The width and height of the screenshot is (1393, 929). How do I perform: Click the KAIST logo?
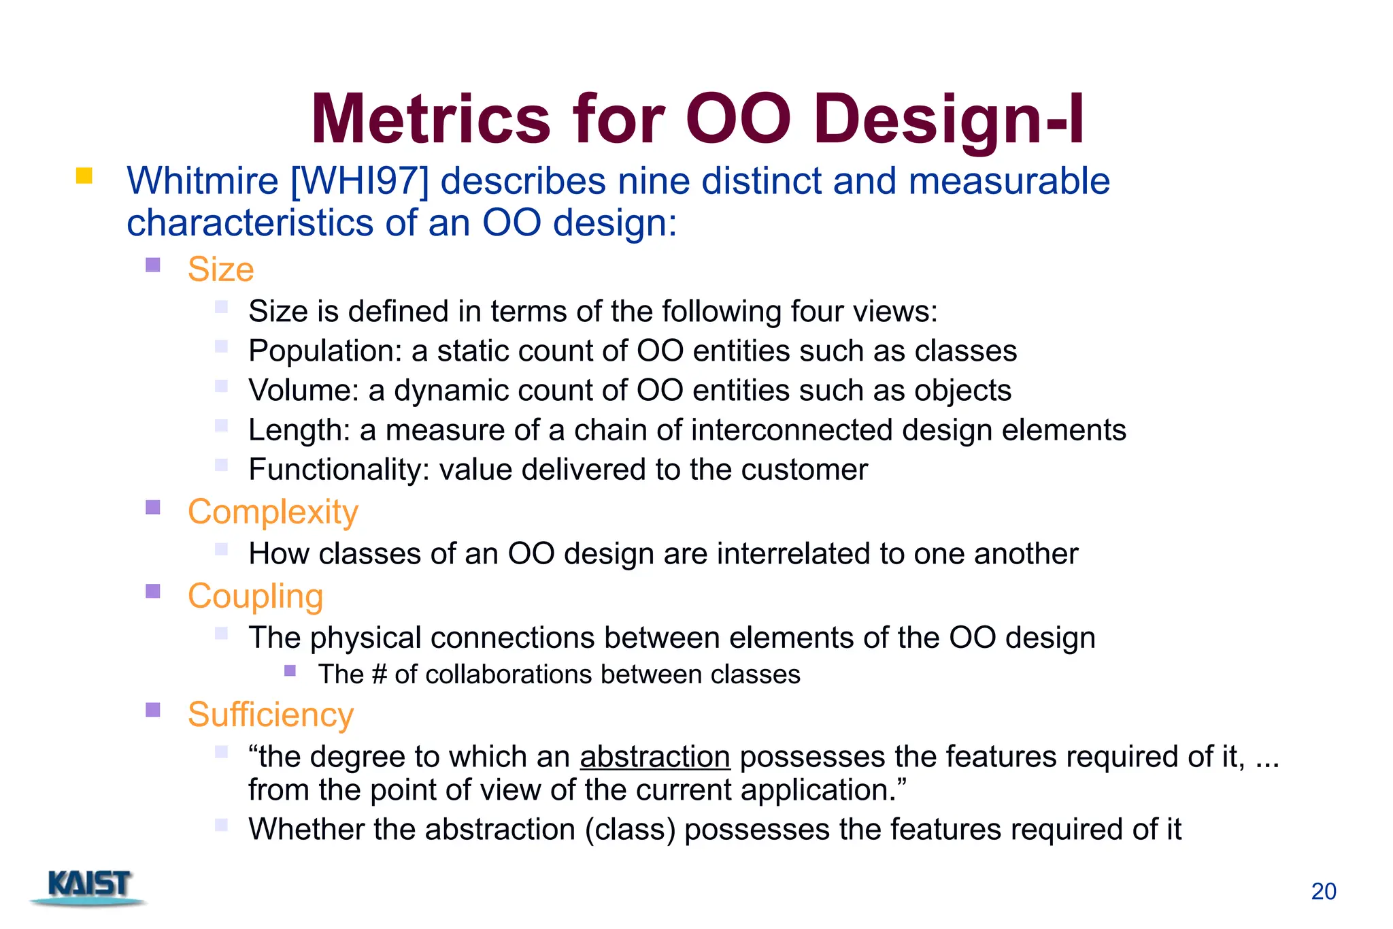coord(89,886)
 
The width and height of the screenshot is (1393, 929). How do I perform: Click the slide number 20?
coord(1323,892)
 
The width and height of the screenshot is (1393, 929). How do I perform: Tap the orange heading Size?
coord(220,269)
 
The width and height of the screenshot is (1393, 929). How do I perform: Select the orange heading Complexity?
coord(273,512)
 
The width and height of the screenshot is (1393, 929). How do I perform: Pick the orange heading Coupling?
coord(255,596)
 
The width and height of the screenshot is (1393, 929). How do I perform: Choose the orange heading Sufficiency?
coord(271,715)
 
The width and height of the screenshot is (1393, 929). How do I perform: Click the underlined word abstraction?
coord(654,757)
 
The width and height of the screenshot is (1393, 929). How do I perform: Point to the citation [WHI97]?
coord(360,182)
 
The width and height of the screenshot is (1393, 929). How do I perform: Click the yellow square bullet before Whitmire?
coord(84,176)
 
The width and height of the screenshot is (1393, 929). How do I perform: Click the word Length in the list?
coord(298,430)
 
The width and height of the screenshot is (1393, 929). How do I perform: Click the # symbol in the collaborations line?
coord(380,674)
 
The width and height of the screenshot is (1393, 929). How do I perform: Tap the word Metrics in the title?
coord(430,119)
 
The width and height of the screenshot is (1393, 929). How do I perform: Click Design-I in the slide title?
coord(948,119)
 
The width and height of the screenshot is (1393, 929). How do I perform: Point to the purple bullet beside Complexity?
coord(153,507)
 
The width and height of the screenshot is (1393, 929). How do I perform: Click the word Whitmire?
coord(202,182)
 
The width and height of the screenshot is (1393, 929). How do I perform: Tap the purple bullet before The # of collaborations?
coord(290,670)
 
